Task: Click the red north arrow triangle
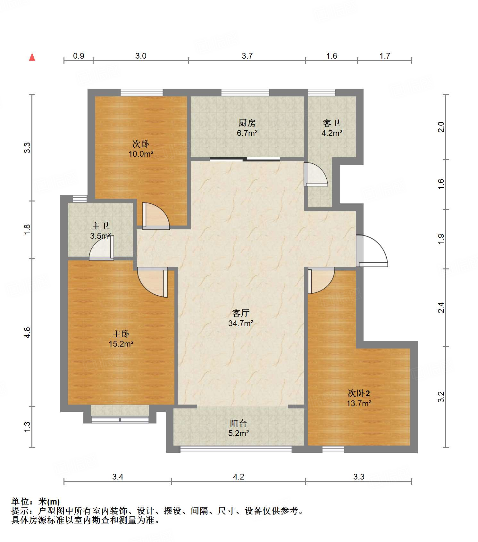32,57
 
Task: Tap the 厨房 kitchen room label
247,123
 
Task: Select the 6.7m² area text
247,133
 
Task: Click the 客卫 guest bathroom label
331,123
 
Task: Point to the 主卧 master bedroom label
121,334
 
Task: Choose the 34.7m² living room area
241,323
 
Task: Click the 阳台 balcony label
239,423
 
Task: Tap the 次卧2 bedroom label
359,393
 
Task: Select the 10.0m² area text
141,154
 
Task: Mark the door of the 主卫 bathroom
102,248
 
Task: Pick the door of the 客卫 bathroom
315,174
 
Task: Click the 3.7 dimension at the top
247,56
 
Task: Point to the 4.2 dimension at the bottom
239,477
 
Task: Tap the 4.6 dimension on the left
27,333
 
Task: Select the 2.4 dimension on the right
441,308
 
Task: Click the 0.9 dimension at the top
79,56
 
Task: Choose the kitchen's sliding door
245,159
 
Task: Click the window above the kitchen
245,92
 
